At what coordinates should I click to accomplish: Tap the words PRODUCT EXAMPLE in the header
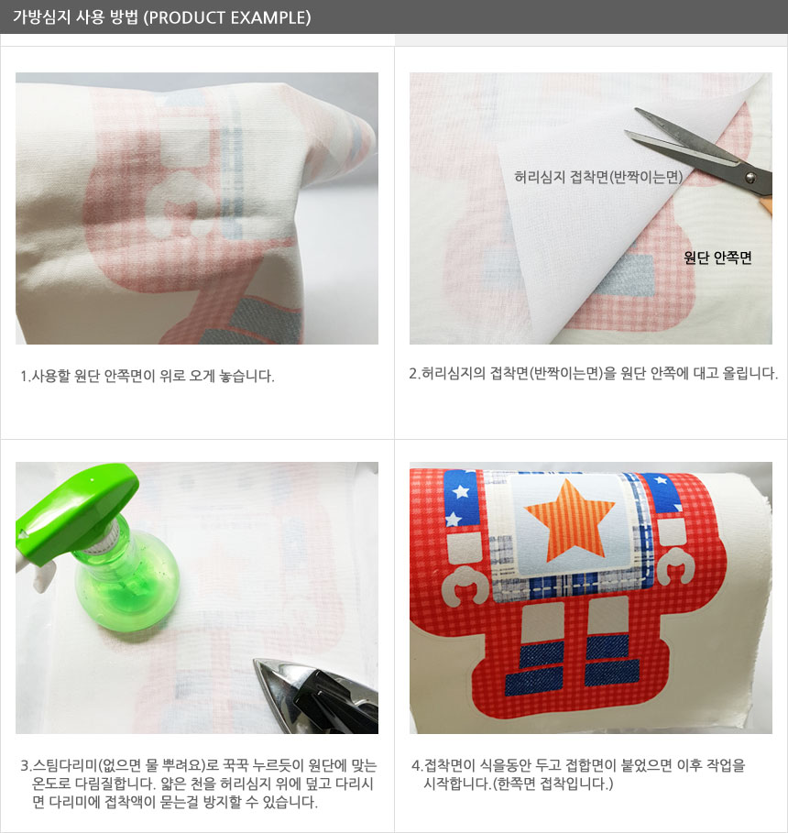coord(228,17)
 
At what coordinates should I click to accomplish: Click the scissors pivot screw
coord(750,178)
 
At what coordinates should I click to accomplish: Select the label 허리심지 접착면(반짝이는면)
coord(598,177)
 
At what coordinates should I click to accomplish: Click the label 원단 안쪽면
coord(717,258)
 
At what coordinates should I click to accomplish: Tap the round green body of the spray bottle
coord(127,588)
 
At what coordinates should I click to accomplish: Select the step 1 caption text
coord(148,376)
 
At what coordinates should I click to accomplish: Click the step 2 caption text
coord(593,374)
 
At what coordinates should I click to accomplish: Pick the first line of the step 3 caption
coord(198,765)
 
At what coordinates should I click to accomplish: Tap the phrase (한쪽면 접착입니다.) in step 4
coord(553,784)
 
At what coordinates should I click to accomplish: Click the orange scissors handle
coord(766,203)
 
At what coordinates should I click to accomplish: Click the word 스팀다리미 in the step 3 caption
coord(65,765)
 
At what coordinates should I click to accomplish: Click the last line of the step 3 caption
coord(175,802)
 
